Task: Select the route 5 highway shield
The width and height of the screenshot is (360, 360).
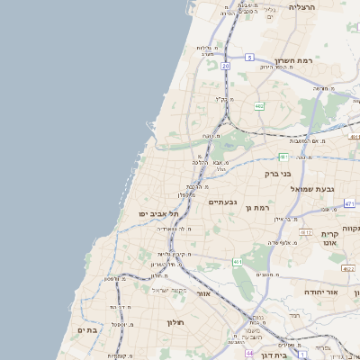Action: pyautogui.click(x=248, y=57)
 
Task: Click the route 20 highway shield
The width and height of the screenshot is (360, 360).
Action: pyautogui.click(x=226, y=66)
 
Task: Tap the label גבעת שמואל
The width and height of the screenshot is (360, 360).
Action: pyautogui.click(x=307, y=189)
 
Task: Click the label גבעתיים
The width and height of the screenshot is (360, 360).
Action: pyautogui.click(x=222, y=202)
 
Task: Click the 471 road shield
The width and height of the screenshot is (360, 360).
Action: pyautogui.click(x=349, y=204)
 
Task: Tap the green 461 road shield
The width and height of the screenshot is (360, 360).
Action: pyautogui.click(x=238, y=262)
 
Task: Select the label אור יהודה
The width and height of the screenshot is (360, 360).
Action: pyautogui.click(x=319, y=292)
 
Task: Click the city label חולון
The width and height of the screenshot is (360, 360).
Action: pyautogui.click(x=175, y=321)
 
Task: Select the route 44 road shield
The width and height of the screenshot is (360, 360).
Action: pyautogui.click(x=249, y=354)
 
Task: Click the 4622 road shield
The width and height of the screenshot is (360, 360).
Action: pyautogui.click(x=347, y=268)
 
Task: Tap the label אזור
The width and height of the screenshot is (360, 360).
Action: pyautogui.click(x=204, y=293)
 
